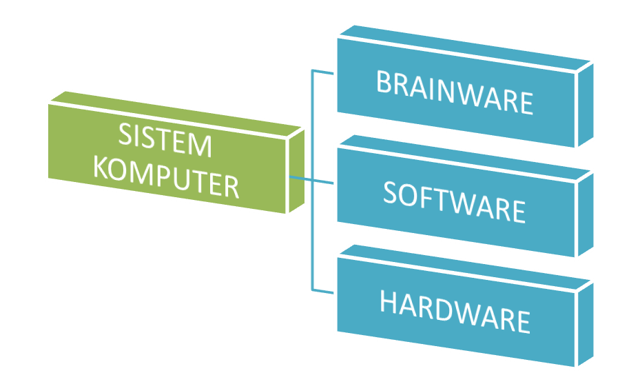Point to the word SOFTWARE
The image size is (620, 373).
(x=455, y=201)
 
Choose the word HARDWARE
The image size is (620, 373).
(x=455, y=312)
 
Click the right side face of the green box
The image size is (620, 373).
(x=296, y=169)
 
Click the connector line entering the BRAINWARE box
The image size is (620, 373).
(x=324, y=71)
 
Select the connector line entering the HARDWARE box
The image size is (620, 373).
(x=324, y=290)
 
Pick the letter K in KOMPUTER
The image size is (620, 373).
(x=101, y=165)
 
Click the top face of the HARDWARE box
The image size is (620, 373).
(x=468, y=265)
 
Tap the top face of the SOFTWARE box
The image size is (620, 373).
(x=468, y=155)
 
